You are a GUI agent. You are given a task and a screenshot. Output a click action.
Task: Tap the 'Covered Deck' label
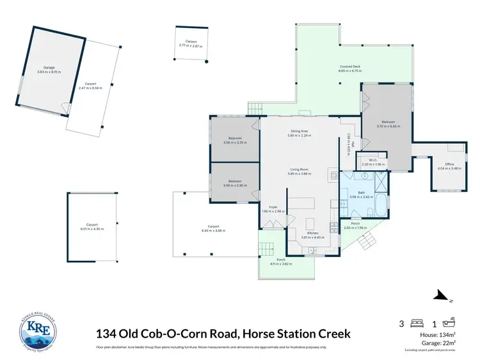(350, 68)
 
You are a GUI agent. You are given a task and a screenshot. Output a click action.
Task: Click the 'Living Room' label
(299, 171)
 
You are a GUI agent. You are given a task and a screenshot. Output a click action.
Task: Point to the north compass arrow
(440, 295)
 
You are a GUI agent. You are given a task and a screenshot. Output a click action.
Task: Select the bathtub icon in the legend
(448, 324)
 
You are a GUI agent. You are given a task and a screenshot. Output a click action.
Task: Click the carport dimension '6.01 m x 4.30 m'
(92, 228)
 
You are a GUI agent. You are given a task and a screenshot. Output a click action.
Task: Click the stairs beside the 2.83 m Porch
(367, 242)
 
